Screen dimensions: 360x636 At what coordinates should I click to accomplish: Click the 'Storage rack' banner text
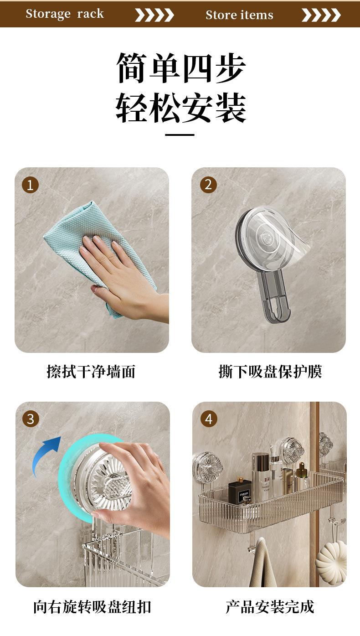[x=65, y=14]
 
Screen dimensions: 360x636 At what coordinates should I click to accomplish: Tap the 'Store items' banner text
[x=239, y=15]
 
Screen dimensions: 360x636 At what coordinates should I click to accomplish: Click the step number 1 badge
[x=30, y=185]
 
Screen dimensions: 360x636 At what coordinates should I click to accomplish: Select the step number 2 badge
[x=208, y=185]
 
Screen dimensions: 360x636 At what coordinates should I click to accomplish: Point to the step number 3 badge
[x=31, y=419]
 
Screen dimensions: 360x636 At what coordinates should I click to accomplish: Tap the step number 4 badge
[x=209, y=419]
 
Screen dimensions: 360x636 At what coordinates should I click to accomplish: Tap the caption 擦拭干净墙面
[x=91, y=372]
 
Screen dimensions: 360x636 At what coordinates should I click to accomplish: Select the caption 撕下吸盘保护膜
[x=270, y=372]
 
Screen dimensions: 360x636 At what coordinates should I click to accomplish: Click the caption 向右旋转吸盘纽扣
[x=92, y=607]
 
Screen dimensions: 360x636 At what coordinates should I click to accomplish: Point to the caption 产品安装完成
[x=270, y=607]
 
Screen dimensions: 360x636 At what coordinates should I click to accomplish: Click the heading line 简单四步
[x=181, y=68]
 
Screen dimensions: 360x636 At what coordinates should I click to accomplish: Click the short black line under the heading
[x=180, y=135]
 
